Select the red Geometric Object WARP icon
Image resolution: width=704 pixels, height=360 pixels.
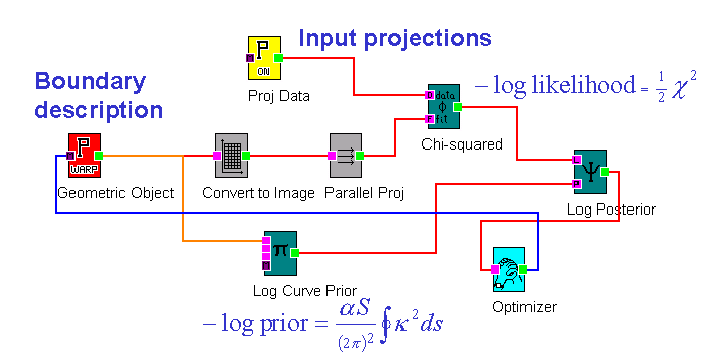coord(85,155)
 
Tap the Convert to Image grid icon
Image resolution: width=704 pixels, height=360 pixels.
coord(232,155)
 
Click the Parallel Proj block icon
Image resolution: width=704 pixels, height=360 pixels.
coord(346,155)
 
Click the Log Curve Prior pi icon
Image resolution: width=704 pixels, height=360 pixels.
coord(281,251)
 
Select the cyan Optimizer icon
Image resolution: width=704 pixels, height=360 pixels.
coord(509,269)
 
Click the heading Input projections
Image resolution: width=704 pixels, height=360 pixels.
coord(395,39)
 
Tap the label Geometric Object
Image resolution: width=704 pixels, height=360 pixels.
coord(115,193)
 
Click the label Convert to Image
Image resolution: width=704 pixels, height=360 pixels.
coord(258,193)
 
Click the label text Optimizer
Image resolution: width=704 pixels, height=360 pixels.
coord(524,307)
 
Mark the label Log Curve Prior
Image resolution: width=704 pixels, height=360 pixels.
coord(305,290)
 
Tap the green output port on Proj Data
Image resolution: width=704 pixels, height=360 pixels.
coord(279,58)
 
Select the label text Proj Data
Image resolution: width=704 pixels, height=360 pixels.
coord(279,96)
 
